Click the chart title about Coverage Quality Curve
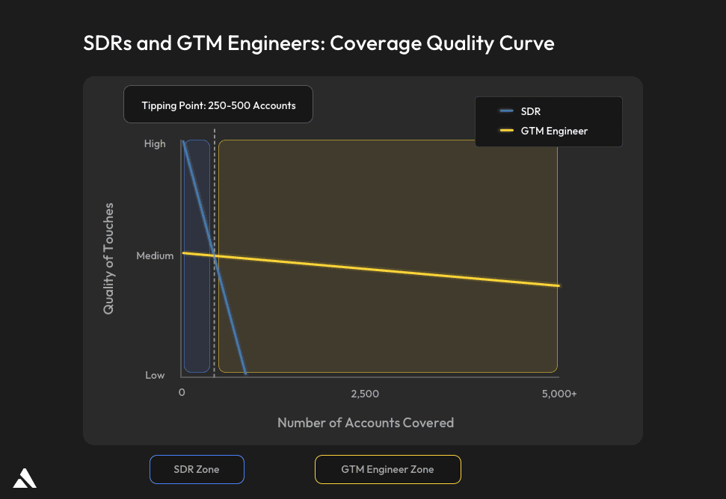coord(319,43)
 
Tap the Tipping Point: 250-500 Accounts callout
coord(218,105)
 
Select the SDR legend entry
coord(530,111)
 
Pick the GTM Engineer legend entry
coord(554,131)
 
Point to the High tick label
coord(155,143)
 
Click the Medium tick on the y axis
coord(155,255)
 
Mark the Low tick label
coord(155,375)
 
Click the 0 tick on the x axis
coord(182,393)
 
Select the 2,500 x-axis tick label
coord(365,393)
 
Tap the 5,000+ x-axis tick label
coord(559,393)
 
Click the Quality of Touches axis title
coord(109,258)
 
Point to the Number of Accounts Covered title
coord(366,423)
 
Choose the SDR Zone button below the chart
coord(197,469)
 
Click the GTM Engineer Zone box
coord(387,469)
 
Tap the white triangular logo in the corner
coord(25,478)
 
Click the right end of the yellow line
coord(558,285)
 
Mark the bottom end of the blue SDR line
coord(244,372)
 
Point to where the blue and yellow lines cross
coord(215,256)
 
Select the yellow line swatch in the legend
coord(506,131)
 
